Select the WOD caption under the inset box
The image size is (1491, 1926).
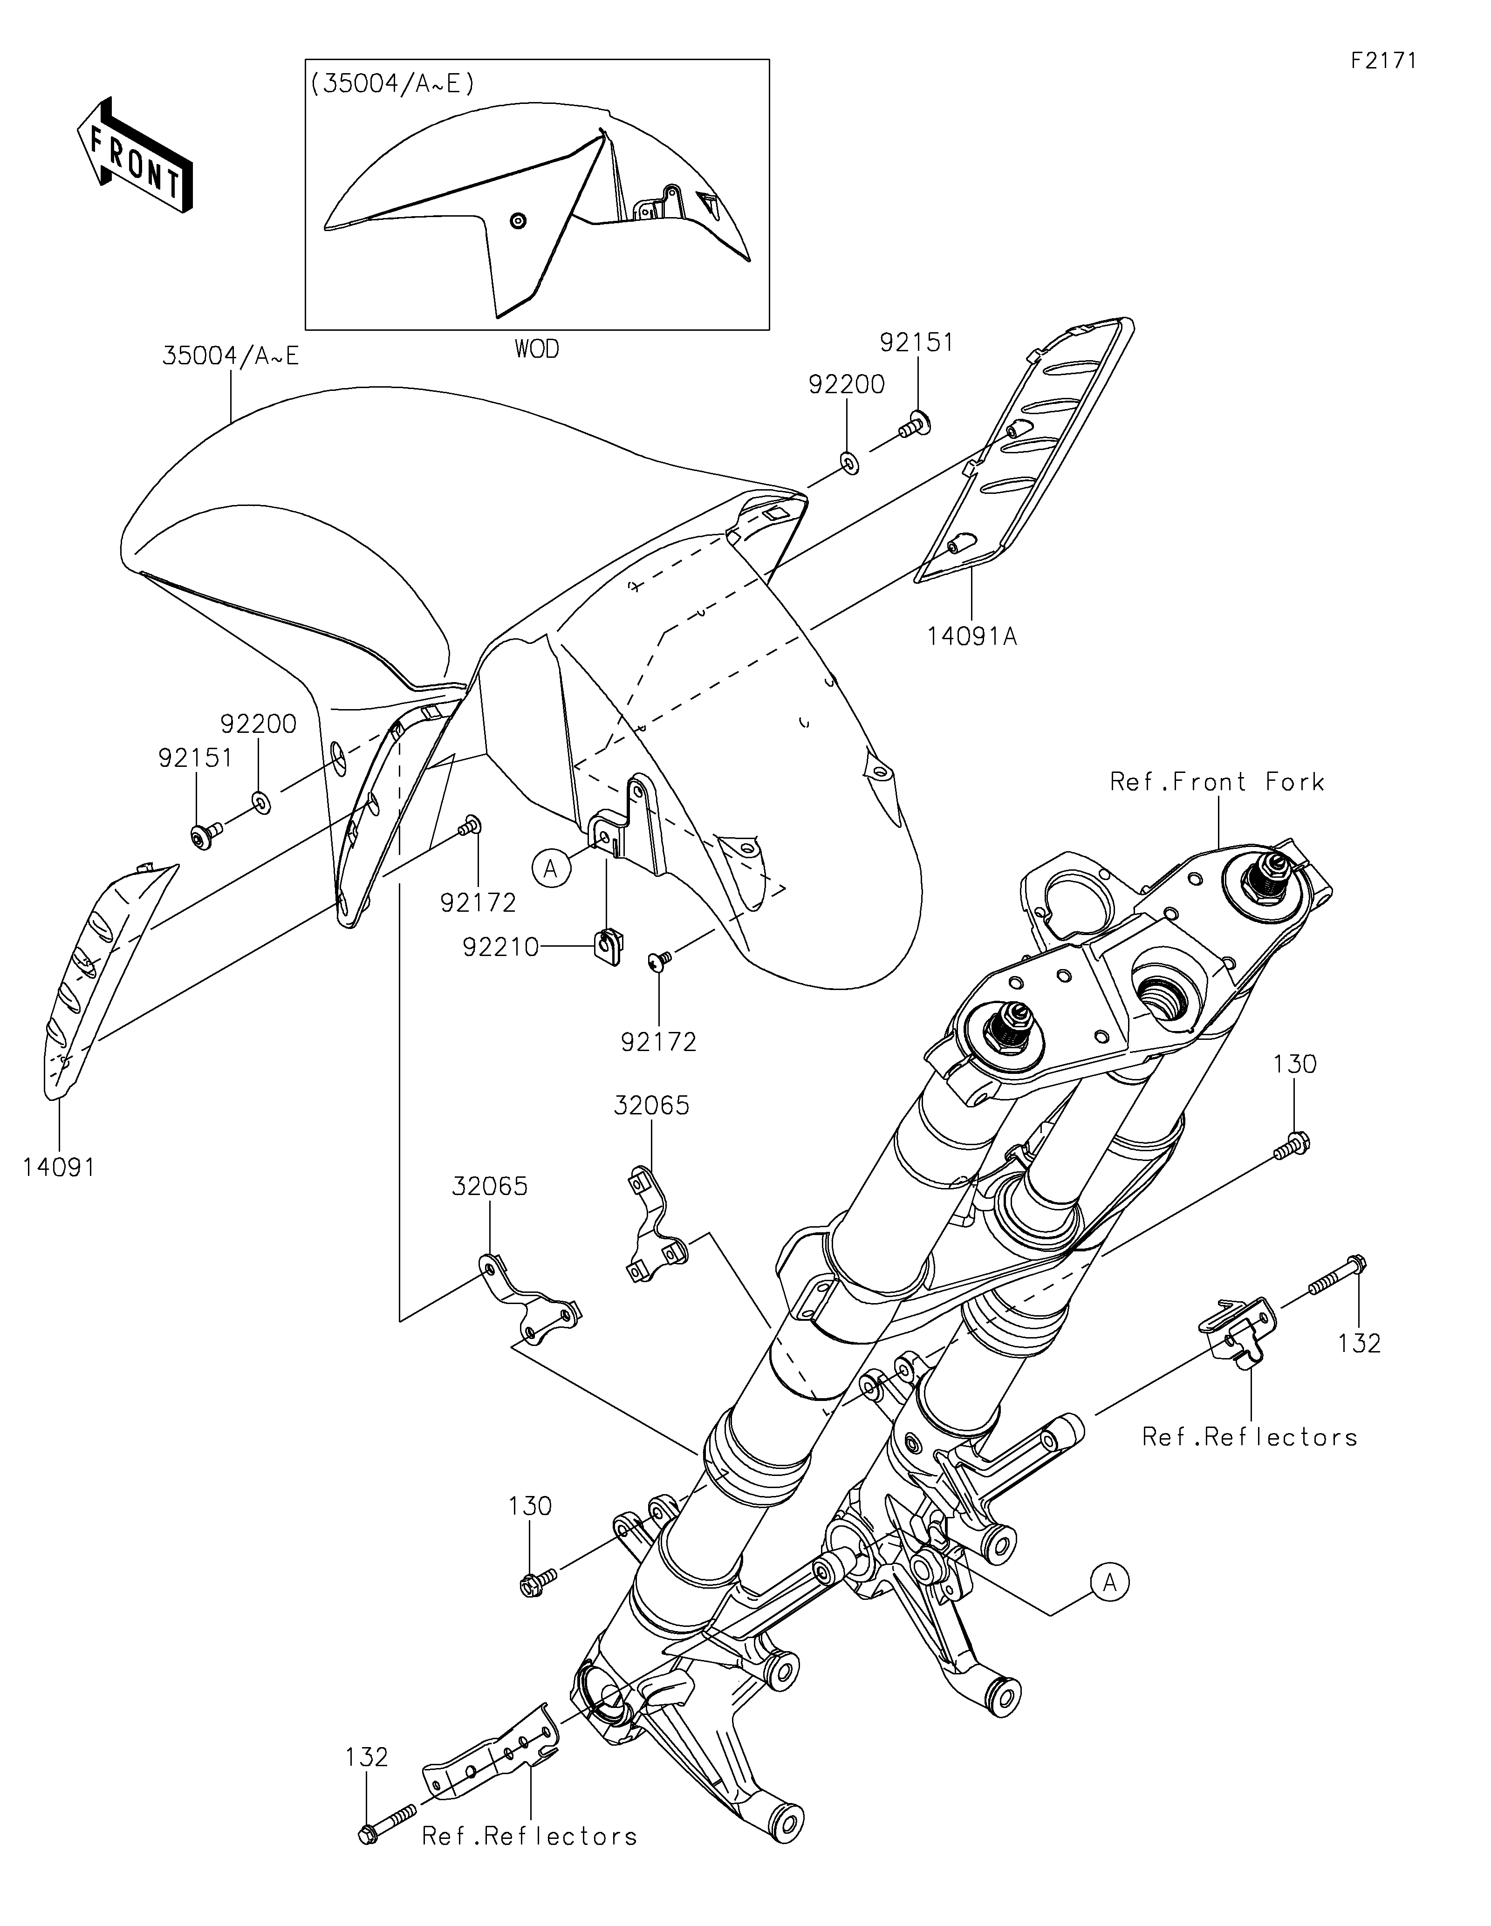point(537,349)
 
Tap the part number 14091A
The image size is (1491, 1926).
point(971,636)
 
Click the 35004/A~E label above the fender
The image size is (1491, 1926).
point(230,356)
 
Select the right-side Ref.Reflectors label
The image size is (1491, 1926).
point(1249,1436)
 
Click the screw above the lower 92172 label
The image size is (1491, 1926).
point(659,959)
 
